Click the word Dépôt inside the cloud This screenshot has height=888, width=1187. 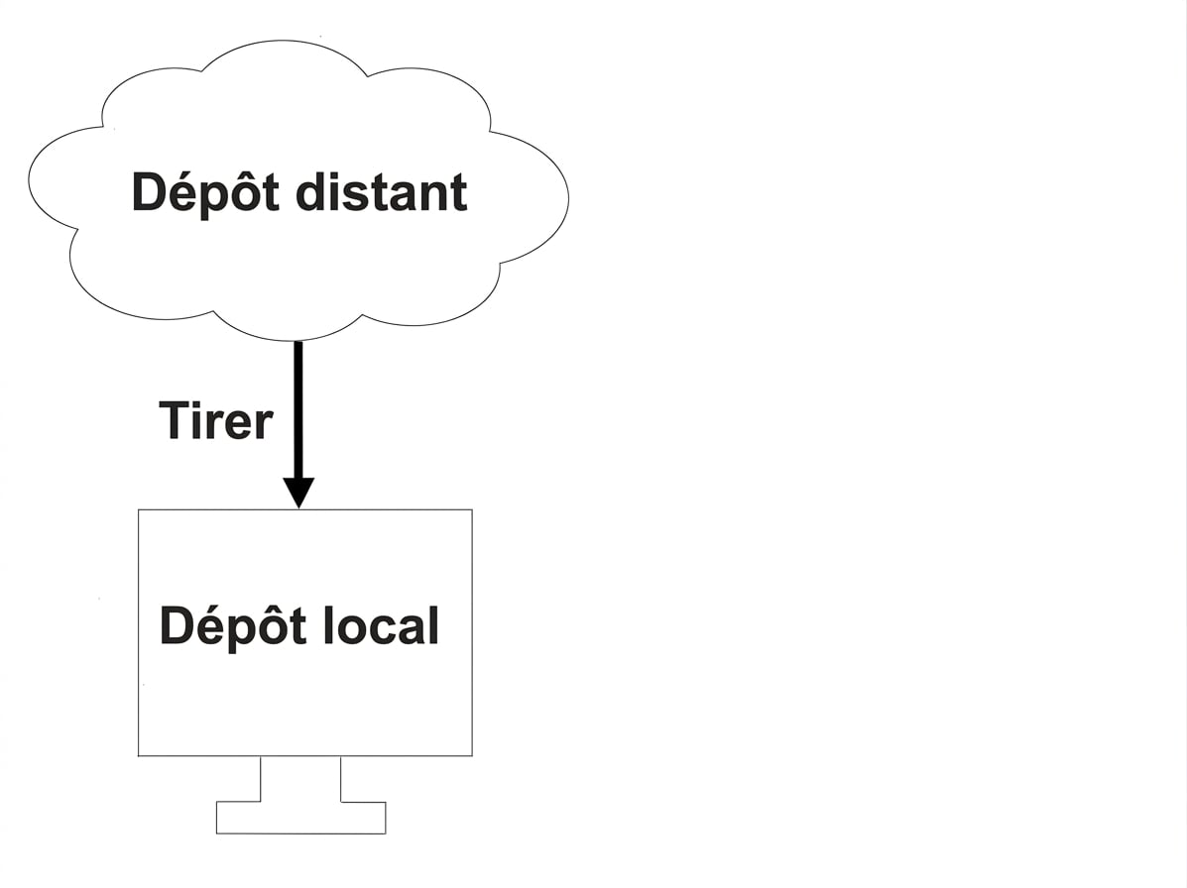pyautogui.click(x=205, y=192)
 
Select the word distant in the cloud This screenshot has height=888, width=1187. pyautogui.click(x=382, y=192)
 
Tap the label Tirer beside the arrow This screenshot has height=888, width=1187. pyautogui.click(x=216, y=420)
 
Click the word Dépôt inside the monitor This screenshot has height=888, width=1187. pyautogui.click(x=233, y=626)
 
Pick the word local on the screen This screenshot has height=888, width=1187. pyautogui.click(x=382, y=625)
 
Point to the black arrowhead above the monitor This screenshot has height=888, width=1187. pyautogui.click(x=299, y=494)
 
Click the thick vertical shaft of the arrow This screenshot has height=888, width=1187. pyautogui.click(x=298, y=410)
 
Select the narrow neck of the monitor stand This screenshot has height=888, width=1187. pyautogui.click(x=300, y=778)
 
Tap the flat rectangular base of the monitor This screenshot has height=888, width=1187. pyautogui.click(x=301, y=818)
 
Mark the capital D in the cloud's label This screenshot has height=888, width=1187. pyautogui.click(x=149, y=192)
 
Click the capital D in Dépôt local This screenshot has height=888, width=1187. pyautogui.click(x=178, y=626)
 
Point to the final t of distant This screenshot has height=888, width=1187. pyautogui.click(x=458, y=194)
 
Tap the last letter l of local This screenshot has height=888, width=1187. pyautogui.click(x=433, y=625)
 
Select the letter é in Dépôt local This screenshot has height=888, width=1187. pyautogui.click(x=211, y=626)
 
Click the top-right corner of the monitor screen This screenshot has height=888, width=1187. pyautogui.click(x=472, y=509)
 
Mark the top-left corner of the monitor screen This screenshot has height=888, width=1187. pyautogui.click(x=139, y=509)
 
